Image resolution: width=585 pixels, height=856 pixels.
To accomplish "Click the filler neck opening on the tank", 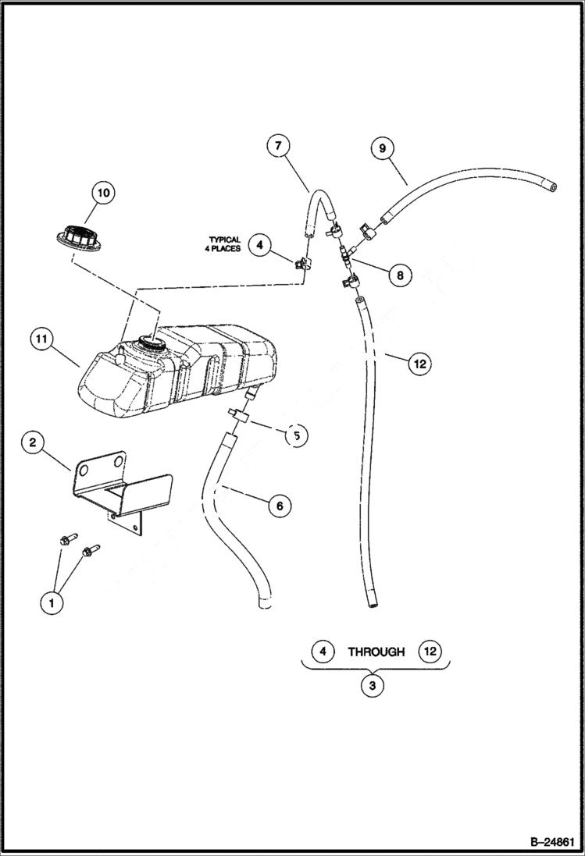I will tap(148, 342).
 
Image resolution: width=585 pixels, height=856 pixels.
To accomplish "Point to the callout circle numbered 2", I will tap(33, 443).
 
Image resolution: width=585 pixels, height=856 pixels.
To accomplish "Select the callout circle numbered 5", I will tap(296, 435).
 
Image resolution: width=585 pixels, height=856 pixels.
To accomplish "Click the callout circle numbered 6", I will tap(279, 506).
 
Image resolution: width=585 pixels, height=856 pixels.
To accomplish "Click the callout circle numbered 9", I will tap(383, 147).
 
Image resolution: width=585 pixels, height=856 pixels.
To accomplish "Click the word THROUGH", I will tap(376, 651).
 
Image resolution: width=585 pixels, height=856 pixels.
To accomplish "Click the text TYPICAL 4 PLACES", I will tap(224, 244).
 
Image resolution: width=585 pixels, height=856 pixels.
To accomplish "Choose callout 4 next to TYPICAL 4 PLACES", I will tap(261, 245).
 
